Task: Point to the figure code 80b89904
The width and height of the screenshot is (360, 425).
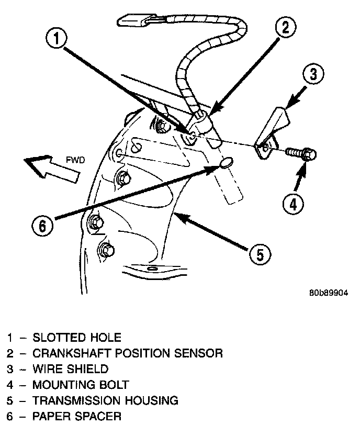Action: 328,293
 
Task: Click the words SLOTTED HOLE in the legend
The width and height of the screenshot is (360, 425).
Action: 76,338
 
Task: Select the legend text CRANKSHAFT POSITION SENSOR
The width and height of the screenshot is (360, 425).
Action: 127,353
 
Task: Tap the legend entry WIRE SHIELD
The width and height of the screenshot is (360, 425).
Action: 70,369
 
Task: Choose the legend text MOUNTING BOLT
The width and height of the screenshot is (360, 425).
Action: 80,385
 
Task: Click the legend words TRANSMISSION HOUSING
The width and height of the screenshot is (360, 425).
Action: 105,401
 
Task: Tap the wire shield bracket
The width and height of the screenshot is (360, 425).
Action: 272,130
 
